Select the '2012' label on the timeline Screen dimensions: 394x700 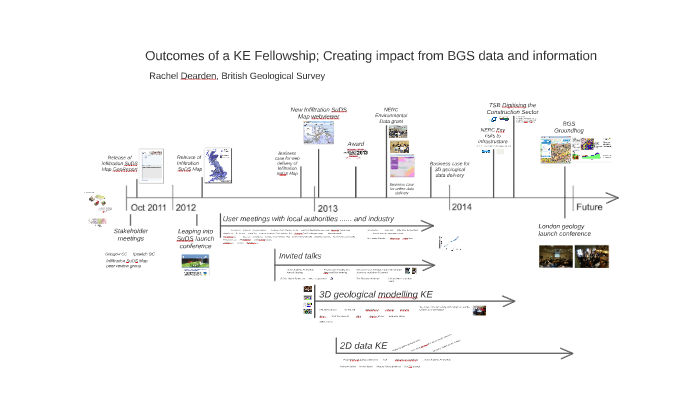pos(187,207)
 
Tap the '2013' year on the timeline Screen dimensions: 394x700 pos(327,207)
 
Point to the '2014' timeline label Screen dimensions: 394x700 pos(461,207)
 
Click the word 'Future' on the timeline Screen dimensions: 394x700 pos(589,207)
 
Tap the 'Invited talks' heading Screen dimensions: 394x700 pos(300,256)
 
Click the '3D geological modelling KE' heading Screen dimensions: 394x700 pos(375,295)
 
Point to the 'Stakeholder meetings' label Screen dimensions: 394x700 pos(131,234)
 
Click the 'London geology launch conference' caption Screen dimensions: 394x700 pos(565,230)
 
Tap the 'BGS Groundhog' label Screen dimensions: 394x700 pos(569,127)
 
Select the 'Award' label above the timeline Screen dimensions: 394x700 pos(356,144)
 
